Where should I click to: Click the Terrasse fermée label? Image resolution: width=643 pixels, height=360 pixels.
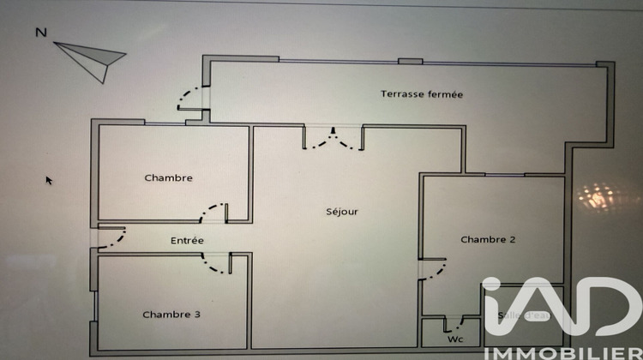tap(422, 93)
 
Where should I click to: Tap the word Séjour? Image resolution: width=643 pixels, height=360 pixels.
tap(342, 212)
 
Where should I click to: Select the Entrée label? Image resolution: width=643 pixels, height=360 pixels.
tap(187, 241)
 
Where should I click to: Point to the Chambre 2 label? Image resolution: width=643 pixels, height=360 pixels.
tap(488, 239)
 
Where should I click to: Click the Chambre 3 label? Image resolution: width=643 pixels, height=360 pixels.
tap(171, 315)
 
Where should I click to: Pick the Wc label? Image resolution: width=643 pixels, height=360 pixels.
tap(455, 339)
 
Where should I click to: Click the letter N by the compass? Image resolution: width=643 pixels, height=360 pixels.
tap(40, 33)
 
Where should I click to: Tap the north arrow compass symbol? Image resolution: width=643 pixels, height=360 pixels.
tap(92, 57)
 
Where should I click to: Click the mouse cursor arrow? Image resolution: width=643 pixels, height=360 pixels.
tap(49, 180)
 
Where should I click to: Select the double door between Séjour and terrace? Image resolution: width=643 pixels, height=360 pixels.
tap(334, 138)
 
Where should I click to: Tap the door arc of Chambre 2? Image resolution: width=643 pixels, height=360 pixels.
tap(434, 273)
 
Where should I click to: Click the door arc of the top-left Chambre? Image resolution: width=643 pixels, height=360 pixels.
tap(215, 212)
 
